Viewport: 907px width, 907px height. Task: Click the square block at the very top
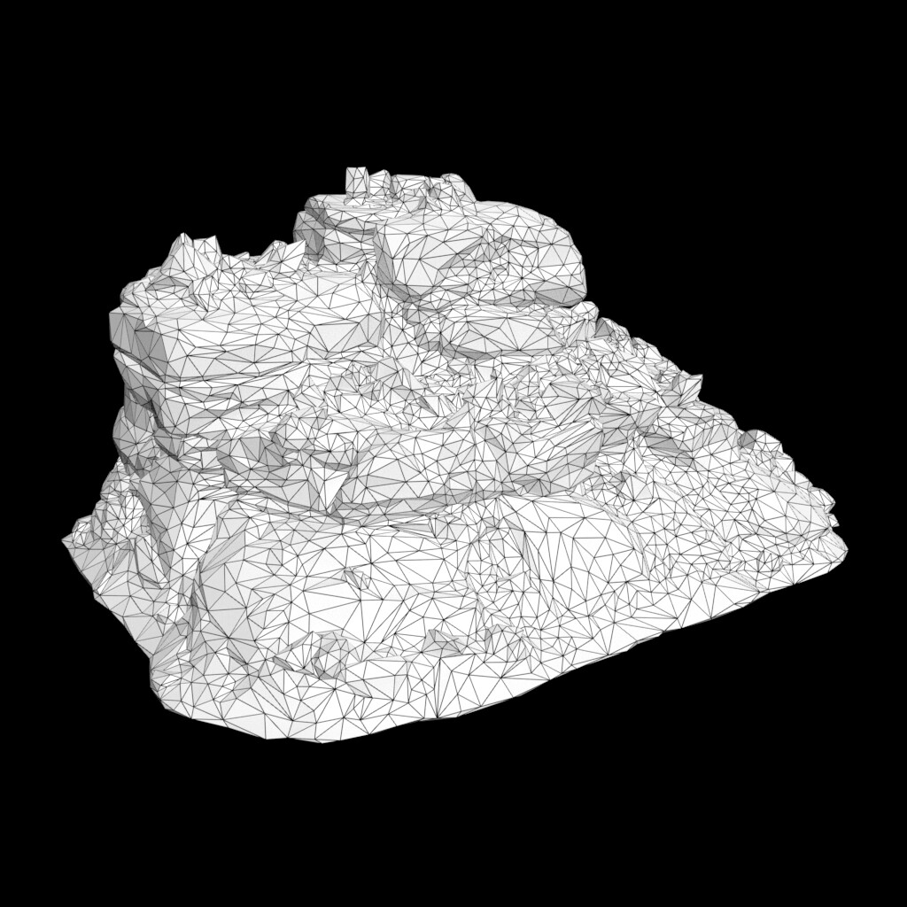point(358,182)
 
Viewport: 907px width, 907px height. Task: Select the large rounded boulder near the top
point(483,252)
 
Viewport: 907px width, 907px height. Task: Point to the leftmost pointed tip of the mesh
point(64,539)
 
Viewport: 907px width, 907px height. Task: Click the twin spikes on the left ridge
point(197,245)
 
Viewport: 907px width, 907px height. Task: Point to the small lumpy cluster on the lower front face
point(323,651)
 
